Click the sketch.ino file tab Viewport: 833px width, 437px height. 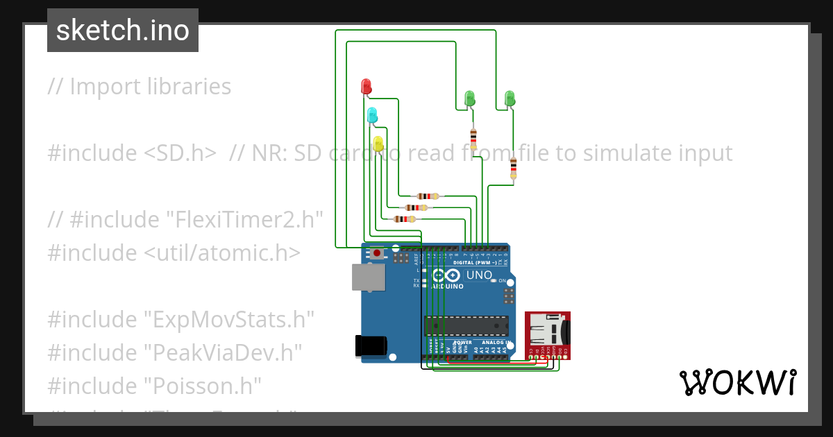(123, 31)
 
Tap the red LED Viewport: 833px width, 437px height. (367, 87)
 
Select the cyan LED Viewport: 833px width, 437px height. (372, 115)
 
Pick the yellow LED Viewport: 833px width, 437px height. (378, 144)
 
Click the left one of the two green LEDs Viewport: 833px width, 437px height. (470, 98)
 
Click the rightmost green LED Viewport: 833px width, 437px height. (510, 98)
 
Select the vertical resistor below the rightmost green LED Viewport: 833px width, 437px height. (513, 167)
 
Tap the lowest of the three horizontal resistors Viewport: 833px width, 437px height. (404, 219)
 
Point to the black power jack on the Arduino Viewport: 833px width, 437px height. (369, 346)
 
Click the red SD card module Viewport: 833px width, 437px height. (548, 334)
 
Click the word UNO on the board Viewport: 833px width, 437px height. (479, 275)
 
